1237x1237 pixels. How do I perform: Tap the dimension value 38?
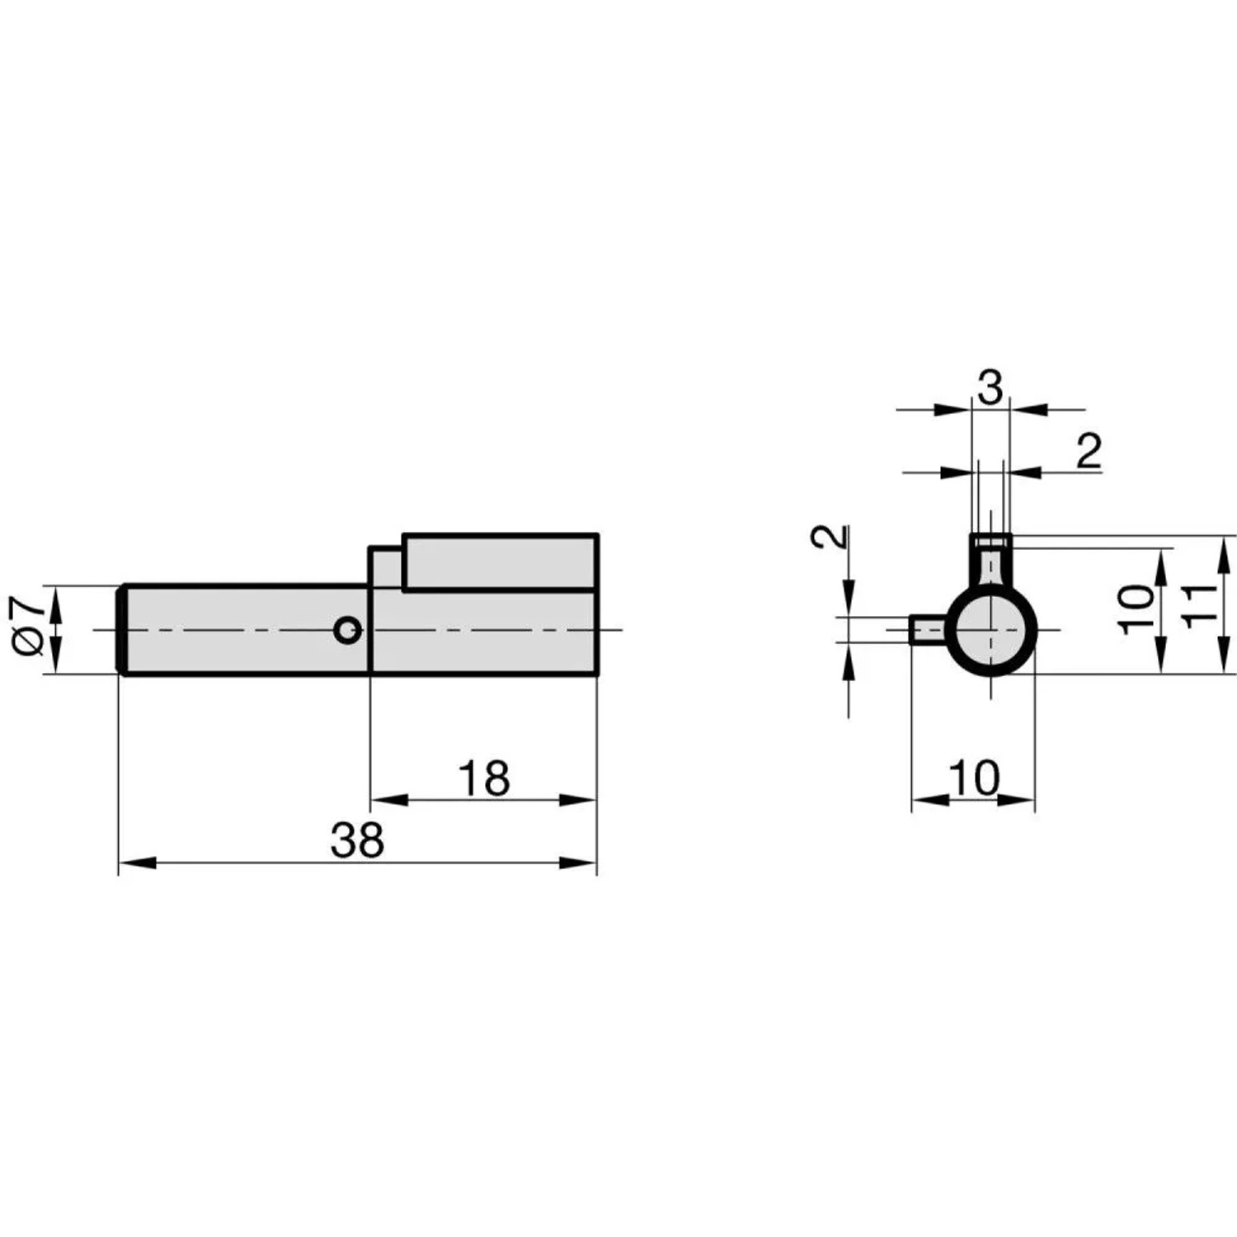click(357, 840)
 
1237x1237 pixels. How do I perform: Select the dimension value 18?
click(484, 778)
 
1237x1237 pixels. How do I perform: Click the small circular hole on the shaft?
click(348, 631)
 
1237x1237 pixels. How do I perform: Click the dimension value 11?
click(1199, 605)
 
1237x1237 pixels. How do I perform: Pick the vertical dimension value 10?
click(1137, 609)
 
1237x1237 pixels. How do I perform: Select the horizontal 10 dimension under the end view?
click(974, 778)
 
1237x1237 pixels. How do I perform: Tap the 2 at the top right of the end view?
click(1089, 451)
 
